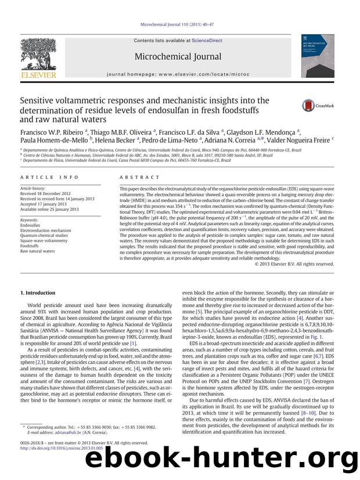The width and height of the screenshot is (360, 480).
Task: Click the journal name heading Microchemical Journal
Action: point(178,56)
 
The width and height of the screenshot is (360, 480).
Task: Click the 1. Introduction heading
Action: point(38,293)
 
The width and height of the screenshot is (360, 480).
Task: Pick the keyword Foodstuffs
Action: point(31,246)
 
